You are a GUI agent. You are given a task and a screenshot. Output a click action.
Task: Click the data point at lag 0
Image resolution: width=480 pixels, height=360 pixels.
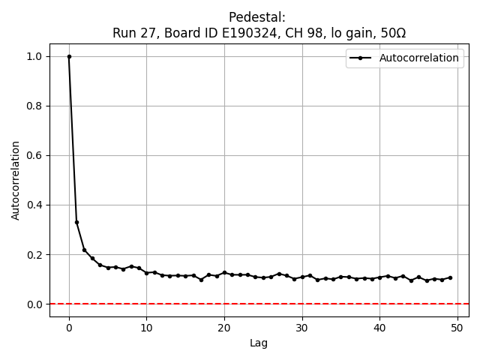[x=69, y=56]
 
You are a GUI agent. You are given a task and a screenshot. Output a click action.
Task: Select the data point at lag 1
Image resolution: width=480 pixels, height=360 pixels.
[x=76, y=222]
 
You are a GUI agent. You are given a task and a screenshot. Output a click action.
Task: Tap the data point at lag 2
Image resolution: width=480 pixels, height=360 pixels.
[x=85, y=250]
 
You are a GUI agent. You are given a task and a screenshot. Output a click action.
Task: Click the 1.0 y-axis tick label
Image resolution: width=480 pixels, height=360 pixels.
[x=35, y=56]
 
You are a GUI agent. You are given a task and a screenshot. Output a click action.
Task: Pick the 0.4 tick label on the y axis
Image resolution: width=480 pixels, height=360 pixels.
[x=35, y=205]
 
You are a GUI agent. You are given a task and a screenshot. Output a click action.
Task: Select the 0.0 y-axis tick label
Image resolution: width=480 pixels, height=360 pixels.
[x=35, y=304]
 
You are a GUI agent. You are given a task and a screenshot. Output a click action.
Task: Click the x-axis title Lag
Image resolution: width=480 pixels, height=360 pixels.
[x=259, y=343]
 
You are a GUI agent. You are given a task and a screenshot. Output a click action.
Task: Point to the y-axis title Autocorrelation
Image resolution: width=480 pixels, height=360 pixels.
[x=16, y=180]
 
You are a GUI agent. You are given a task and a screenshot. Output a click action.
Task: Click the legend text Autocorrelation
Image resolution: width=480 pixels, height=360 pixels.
[x=419, y=58]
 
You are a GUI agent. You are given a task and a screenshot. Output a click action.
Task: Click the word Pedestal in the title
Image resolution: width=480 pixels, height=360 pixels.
[x=257, y=17]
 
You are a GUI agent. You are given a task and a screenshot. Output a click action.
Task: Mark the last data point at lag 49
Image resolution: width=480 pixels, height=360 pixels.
[x=450, y=277]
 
